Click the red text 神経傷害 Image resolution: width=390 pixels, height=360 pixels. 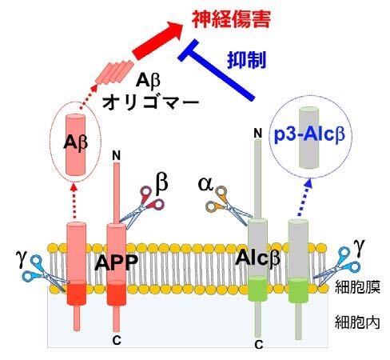click(231, 19)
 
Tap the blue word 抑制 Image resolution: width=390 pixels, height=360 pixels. click(247, 59)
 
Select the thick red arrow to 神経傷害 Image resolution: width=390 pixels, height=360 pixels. click(157, 41)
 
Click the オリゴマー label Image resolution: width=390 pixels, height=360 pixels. click(151, 102)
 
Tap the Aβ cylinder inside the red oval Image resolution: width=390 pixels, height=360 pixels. click(76, 145)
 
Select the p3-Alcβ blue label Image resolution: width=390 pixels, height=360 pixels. click(309, 134)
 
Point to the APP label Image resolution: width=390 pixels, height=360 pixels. click(117, 262)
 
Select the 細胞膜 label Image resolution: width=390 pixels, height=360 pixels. click(357, 286)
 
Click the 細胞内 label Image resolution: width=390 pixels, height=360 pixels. click(357, 322)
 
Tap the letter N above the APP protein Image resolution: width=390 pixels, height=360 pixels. click(117, 155)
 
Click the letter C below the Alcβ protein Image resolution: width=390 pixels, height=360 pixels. click(258, 345)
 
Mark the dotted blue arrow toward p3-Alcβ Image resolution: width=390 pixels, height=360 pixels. click(304, 198)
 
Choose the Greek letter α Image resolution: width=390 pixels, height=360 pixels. click(205, 183)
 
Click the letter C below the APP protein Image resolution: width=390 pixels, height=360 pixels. click(117, 340)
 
